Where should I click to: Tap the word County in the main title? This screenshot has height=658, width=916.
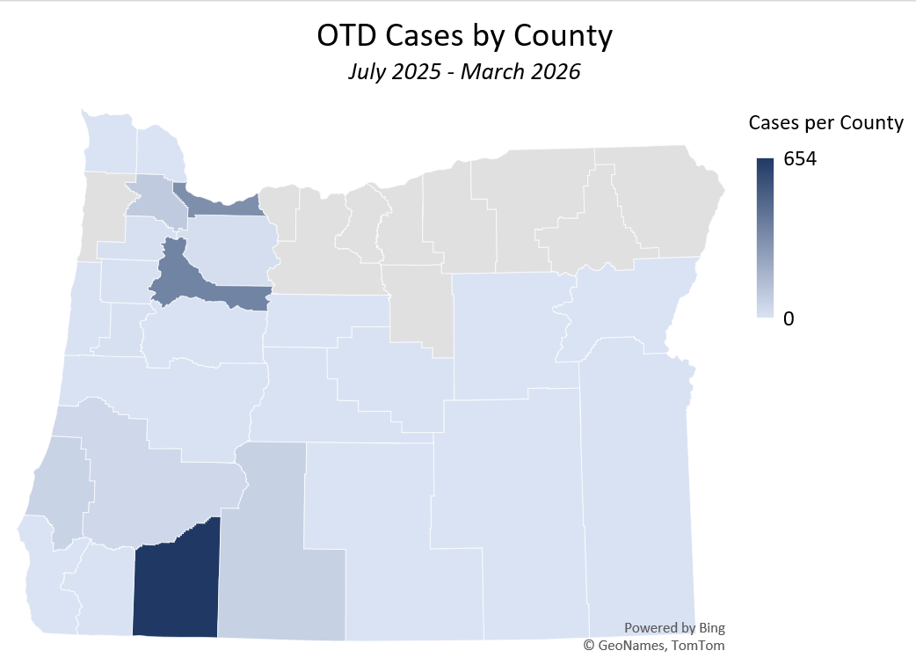click(563, 36)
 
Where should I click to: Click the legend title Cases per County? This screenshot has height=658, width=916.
click(825, 123)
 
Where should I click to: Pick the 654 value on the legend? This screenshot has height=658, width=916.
click(800, 159)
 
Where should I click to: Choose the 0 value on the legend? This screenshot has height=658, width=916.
click(789, 319)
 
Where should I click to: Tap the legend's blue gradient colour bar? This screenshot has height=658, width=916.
click(765, 238)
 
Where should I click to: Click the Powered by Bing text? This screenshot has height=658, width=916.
click(674, 628)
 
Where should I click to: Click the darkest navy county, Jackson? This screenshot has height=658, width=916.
click(176, 585)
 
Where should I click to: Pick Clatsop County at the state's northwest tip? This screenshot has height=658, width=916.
click(109, 141)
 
